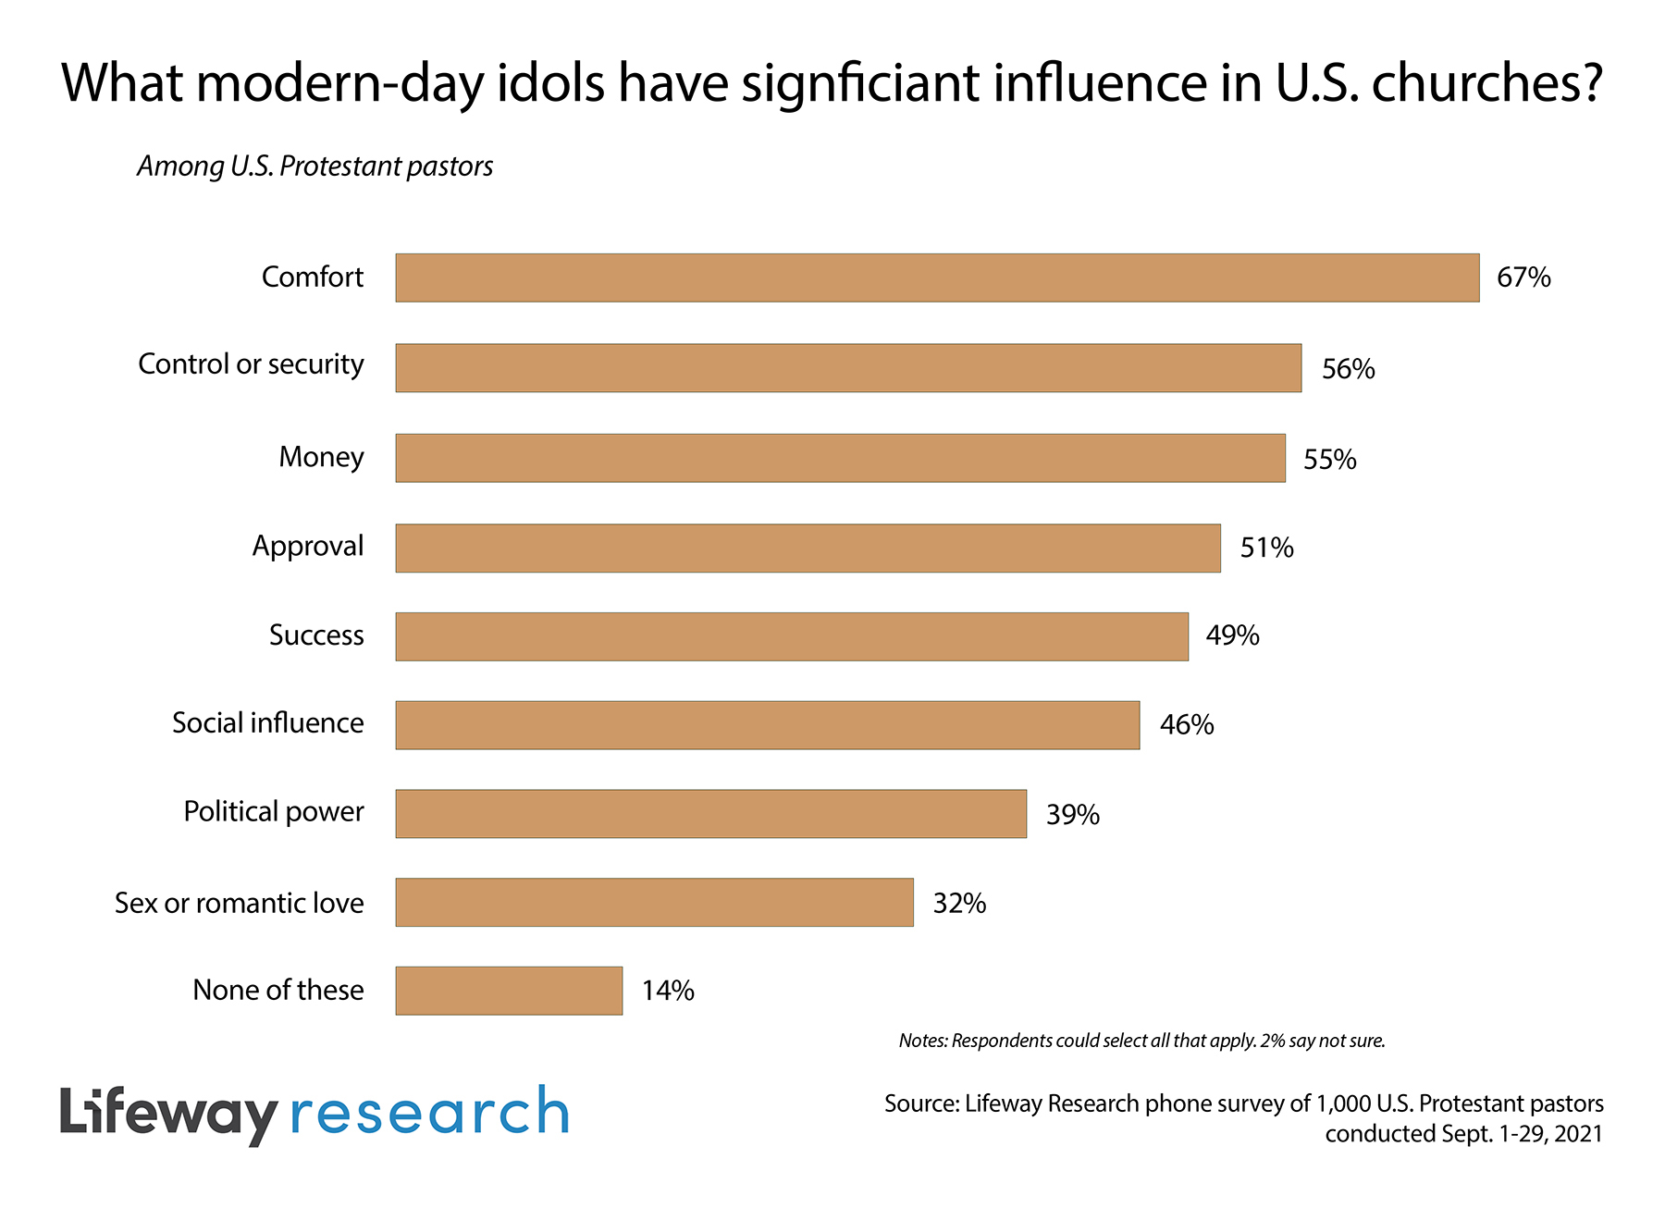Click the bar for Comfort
click(937, 277)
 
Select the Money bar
click(840, 458)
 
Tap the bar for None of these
click(509, 991)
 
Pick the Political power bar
click(710, 814)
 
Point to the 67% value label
click(1523, 277)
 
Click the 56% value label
click(1348, 369)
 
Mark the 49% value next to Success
click(1232, 635)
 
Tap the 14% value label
click(668, 991)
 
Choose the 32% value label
click(959, 903)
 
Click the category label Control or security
click(251, 364)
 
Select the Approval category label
click(308, 547)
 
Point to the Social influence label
click(268, 723)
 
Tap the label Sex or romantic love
click(240, 903)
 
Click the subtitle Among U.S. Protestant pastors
click(315, 166)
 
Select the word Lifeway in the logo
click(169, 1114)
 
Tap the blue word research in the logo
click(430, 1112)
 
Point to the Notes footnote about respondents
click(1141, 1041)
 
